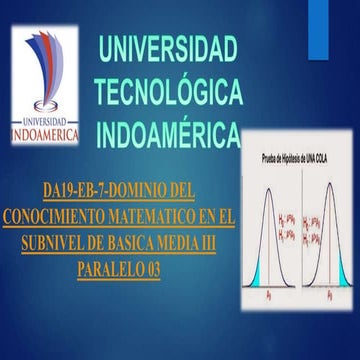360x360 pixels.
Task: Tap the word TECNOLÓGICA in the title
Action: (x=167, y=91)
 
